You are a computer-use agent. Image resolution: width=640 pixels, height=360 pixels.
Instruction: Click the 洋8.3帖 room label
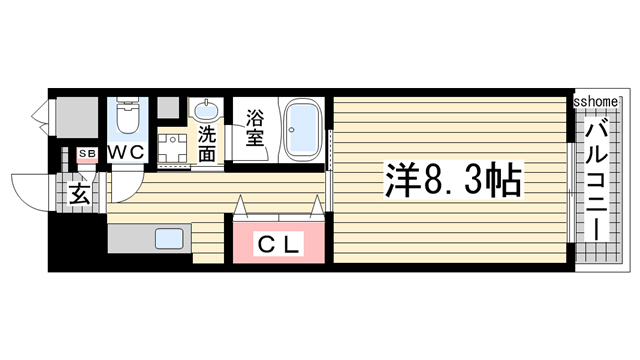tap(451, 181)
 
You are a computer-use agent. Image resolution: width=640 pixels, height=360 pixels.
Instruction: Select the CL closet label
tap(279, 243)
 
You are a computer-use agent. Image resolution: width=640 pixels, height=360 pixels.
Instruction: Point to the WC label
tap(126, 152)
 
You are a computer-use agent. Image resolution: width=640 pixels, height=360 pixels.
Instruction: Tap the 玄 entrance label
tap(81, 194)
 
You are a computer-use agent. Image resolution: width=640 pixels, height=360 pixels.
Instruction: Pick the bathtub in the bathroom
tap(303, 130)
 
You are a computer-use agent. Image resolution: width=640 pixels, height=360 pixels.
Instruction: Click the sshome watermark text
tap(598, 102)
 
